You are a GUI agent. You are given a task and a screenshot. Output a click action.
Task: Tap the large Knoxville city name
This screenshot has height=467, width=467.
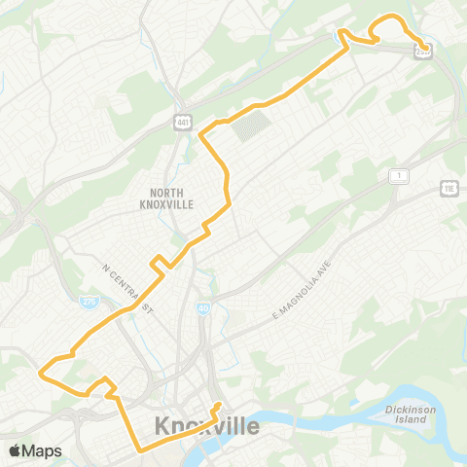point(207,426)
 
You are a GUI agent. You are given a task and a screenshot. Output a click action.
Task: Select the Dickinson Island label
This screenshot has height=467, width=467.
point(413,414)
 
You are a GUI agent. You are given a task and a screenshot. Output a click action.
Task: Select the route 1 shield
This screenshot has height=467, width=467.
point(397,175)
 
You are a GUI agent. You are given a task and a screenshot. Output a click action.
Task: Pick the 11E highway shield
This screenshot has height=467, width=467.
point(449,187)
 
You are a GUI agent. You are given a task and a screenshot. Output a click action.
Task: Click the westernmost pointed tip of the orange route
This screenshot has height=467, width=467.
point(40,370)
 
